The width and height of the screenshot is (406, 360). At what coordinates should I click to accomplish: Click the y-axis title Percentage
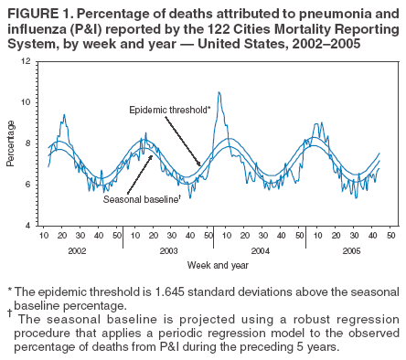11,143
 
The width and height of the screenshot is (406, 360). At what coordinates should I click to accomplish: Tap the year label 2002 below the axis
77,249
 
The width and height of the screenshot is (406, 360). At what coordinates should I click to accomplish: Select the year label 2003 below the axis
167,249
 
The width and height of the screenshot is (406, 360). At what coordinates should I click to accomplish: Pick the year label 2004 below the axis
259,249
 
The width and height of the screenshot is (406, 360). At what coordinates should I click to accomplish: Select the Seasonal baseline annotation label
139,198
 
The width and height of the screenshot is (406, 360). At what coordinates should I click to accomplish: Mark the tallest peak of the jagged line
219,92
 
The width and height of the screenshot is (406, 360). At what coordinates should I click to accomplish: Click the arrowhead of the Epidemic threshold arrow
201,165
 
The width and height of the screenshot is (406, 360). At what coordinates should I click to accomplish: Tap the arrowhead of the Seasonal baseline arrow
152,156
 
